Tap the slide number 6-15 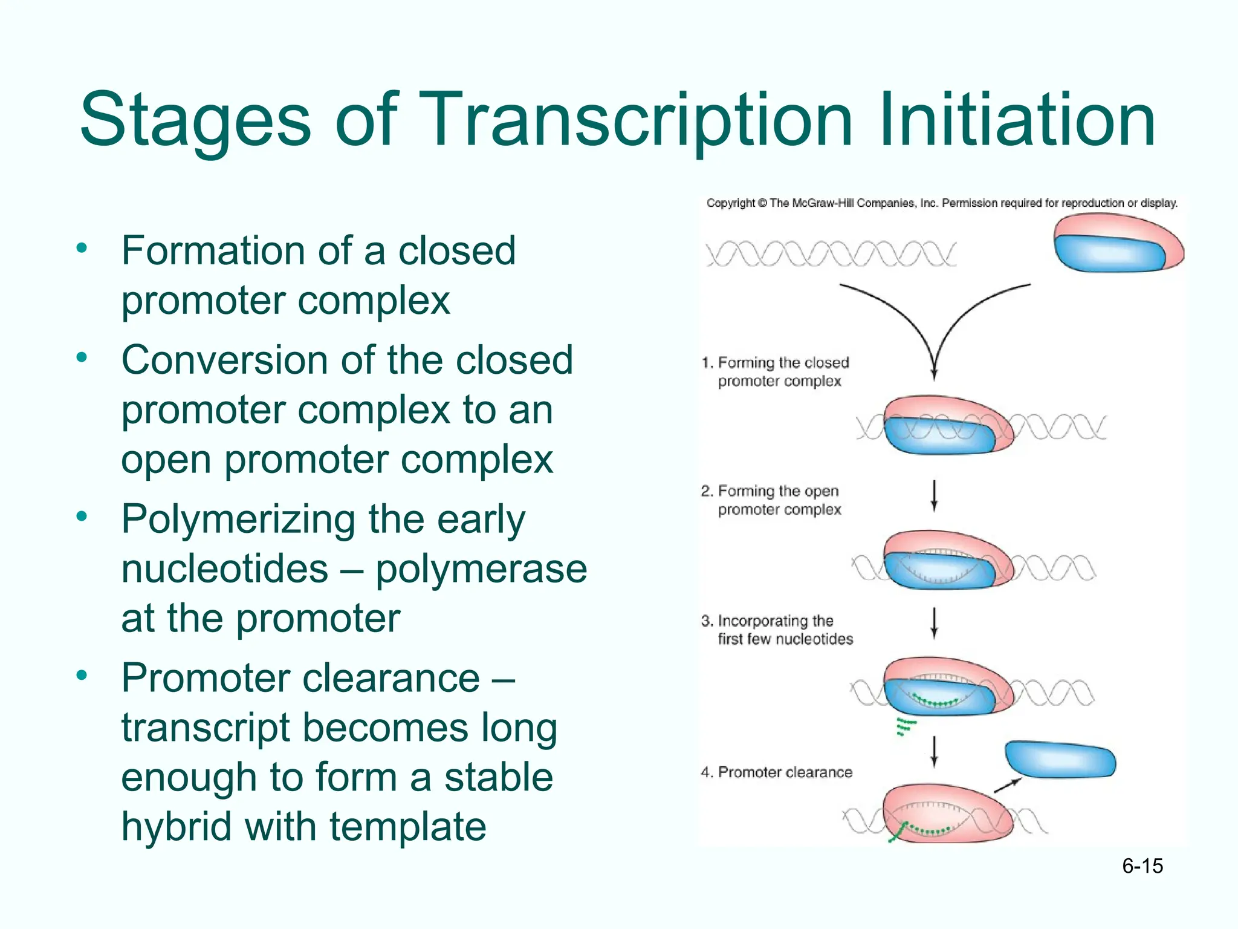(1142, 866)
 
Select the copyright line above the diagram (942, 203)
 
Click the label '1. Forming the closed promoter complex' (776, 371)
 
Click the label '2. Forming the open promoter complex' (771, 500)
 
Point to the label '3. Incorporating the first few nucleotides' (777, 630)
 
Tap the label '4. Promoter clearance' (777, 772)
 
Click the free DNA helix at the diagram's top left (831, 254)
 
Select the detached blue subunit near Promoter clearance (1060, 760)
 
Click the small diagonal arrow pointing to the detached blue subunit (1008, 785)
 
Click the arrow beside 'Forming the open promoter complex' (934, 496)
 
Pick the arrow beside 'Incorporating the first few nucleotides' (934, 624)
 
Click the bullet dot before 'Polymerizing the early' (82, 516)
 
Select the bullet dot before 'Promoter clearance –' (82, 675)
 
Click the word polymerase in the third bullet (481, 569)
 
